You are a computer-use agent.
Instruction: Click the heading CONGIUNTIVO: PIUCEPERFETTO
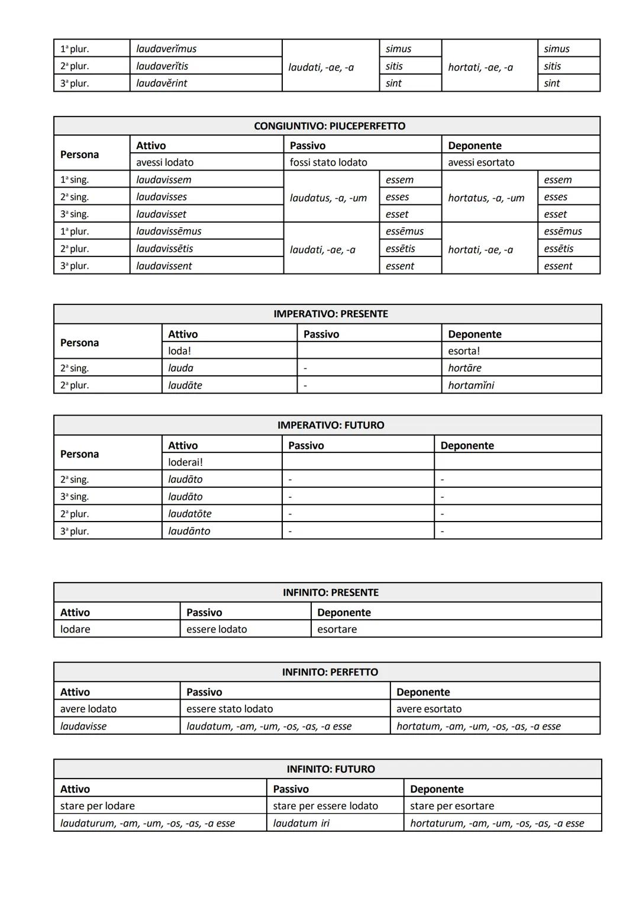tap(330, 126)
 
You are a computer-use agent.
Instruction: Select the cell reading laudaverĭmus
tap(166, 49)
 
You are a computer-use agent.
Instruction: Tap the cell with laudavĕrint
tap(162, 83)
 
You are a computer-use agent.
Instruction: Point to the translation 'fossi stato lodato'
tap(328, 162)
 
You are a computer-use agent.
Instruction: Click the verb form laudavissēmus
tap(169, 231)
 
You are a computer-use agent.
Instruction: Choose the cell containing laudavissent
tap(164, 266)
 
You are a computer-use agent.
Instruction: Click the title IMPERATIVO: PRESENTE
tap(330, 314)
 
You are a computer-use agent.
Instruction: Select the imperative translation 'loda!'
tap(179, 350)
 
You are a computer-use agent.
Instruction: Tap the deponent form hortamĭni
tap(471, 385)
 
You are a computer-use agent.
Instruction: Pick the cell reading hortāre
tap(464, 368)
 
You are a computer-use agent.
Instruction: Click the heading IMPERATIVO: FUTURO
tap(330, 425)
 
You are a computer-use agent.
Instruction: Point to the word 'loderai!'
tap(185, 462)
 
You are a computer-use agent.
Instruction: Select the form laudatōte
tap(189, 513)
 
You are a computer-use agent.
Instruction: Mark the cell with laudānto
tap(189, 530)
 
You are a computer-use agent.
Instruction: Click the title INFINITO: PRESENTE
tap(330, 592)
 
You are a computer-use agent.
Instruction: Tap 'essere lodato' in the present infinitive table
tap(217, 629)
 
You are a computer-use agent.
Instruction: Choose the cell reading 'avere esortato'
tap(428, 709)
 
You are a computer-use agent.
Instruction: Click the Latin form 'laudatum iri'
tap(301, 823)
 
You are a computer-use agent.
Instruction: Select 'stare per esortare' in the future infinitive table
tap(451, 806)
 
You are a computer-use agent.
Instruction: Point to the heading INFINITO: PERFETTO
tap(330, 672)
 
